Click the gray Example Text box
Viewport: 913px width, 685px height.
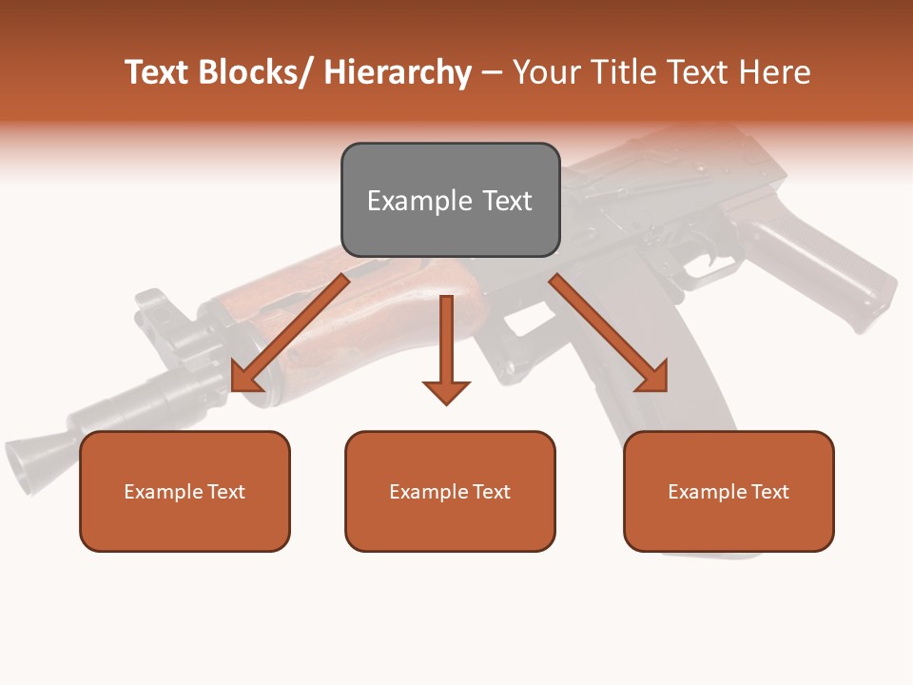coord(450,200)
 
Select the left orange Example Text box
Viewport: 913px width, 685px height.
coord(185,491)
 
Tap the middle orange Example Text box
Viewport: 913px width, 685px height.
coord(450,491)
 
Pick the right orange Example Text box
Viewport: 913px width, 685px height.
coord(728,491)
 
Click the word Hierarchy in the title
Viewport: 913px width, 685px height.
coord(398,72)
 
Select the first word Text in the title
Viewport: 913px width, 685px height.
coord(158,72)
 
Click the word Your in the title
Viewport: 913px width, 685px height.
coord(546,72)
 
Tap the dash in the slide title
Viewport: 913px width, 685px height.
coord(492,72)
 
